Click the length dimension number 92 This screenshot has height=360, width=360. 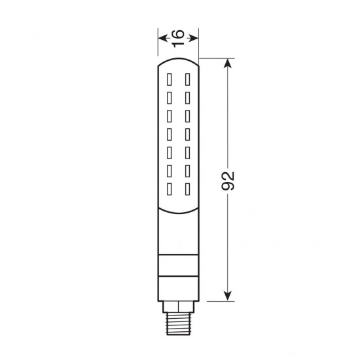[228, 181]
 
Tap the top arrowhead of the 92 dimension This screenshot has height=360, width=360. [228, 63]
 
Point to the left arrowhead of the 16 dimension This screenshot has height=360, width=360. [161, 38]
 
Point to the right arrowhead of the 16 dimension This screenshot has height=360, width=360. [195, 38]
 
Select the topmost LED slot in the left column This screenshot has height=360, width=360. [170, 79]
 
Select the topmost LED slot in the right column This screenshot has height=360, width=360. [187, 79]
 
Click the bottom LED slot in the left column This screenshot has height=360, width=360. [170, 190]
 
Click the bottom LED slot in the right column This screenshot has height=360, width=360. [187, 190]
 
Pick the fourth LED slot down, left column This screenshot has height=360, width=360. [170, 135]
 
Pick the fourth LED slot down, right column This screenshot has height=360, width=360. [187, 135]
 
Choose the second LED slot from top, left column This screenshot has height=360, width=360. [170, 98]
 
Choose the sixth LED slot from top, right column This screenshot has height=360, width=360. [187, 171]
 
